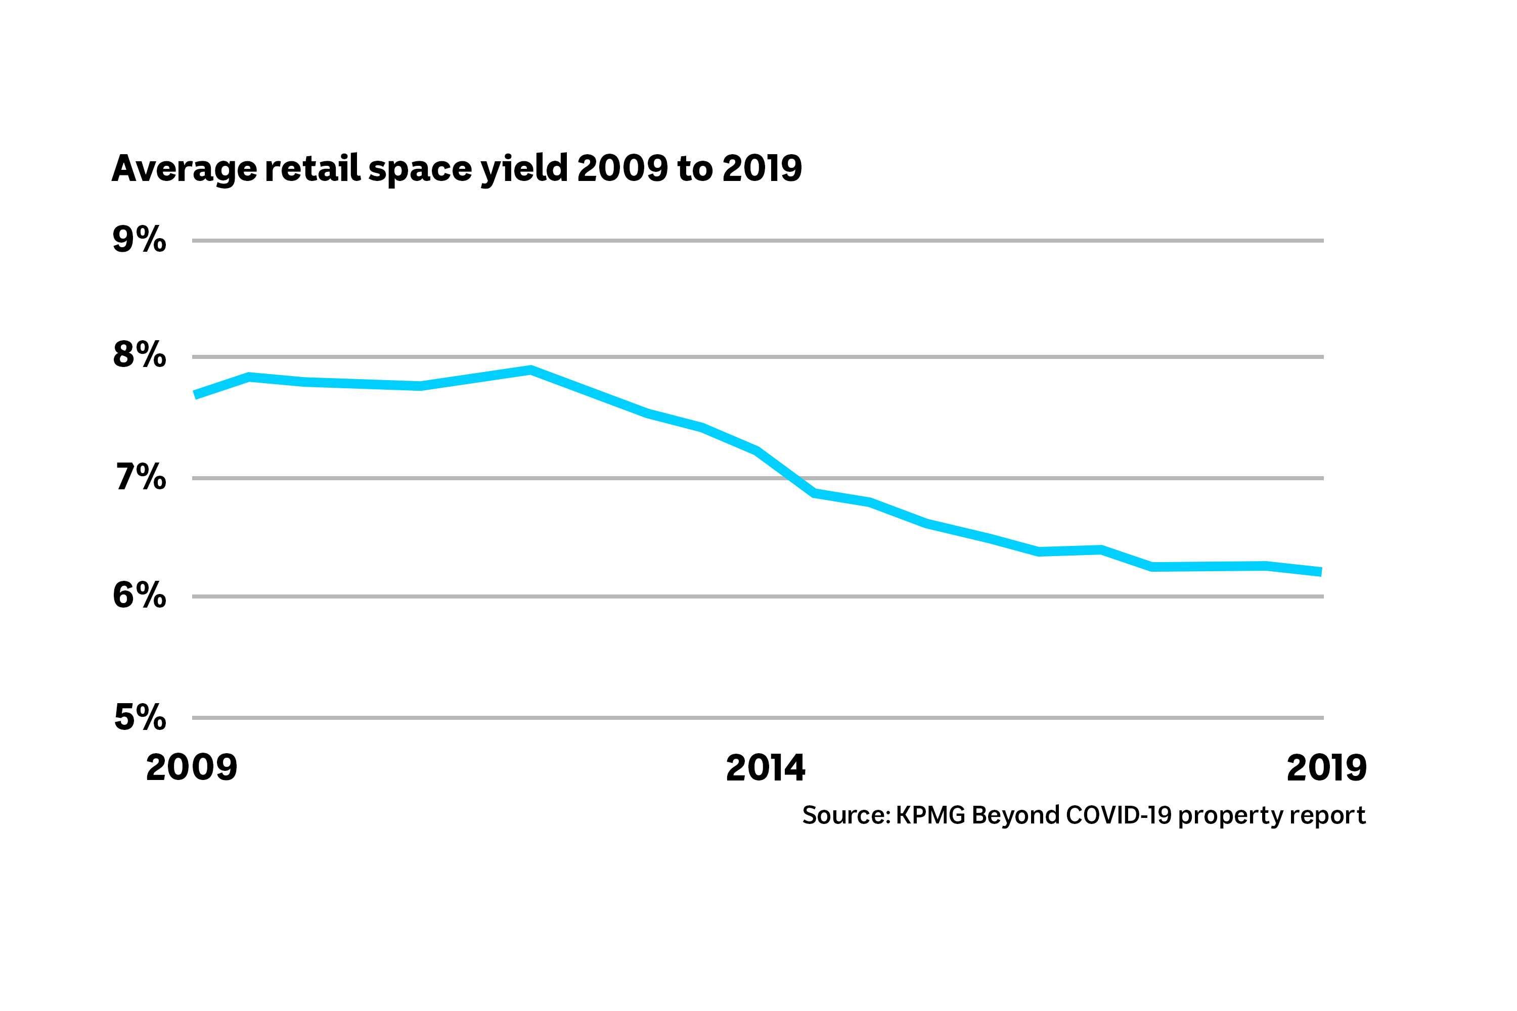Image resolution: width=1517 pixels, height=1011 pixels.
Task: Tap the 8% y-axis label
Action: coord(140,355)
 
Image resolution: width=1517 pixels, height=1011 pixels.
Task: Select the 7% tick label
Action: coord(141,478)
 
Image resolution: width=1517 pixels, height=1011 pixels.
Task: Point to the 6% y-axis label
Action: coord(140,596)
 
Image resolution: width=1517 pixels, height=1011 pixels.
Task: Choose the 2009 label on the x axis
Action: coord(192,768)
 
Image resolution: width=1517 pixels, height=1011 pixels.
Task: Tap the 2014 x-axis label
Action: coord(766,768)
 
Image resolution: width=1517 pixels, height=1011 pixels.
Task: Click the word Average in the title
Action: coord(184,169)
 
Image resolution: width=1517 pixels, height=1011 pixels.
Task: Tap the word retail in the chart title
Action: coord(312,169)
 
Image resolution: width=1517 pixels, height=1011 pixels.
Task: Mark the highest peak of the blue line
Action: coord(530,370)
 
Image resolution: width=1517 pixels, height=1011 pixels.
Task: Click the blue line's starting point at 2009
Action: coord(195,395)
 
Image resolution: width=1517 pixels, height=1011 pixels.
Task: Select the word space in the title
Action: coord(419,169)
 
